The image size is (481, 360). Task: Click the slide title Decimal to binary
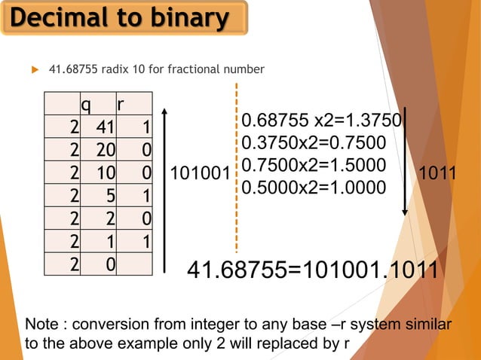coord(124,18)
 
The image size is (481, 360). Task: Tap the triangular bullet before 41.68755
coord(33,70)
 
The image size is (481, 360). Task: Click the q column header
coord(87,104)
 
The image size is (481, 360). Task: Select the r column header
coord(121,104)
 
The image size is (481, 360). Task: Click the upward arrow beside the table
coord(164,188)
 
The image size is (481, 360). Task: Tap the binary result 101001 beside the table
coord(199,175)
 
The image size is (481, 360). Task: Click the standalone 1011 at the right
coord(437,172)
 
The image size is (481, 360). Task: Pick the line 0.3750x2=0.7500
coord(314,143)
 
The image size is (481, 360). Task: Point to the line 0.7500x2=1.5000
coord(314,164)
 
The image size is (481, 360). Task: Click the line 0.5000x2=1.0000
coord(314,185)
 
